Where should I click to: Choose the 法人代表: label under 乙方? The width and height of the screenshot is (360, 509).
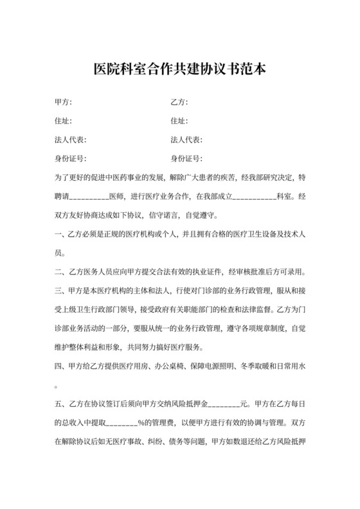click(186, 139)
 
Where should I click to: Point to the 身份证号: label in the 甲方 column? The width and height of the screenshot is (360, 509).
click(71, 158)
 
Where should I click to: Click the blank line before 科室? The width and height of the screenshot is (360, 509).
click(253, 196)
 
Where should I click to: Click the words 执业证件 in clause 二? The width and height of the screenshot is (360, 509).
click(210, 271)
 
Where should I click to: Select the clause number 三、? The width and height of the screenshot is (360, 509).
click(62, 289)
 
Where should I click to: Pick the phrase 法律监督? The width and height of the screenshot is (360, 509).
click(252, 308)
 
